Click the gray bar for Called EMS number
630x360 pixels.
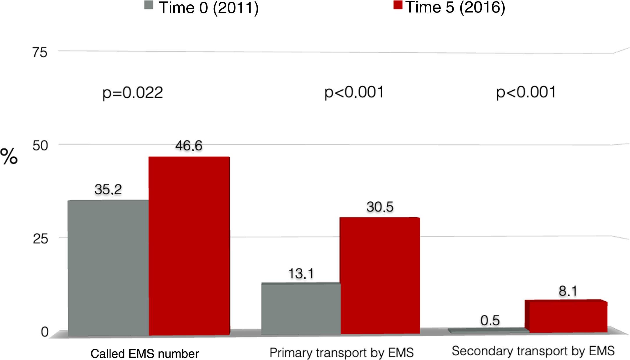108,267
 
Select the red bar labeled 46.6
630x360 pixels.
189,246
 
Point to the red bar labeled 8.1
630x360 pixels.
568,317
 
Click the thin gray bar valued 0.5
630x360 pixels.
488,330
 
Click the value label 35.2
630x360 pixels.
108,189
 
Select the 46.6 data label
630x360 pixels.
188,145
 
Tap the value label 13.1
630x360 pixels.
301,273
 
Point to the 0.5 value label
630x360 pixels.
490,320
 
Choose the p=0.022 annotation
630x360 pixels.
133,93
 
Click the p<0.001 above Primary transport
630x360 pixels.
354,92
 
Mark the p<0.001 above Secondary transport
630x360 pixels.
526,92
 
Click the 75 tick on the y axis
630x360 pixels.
40,53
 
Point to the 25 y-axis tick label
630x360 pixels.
40,239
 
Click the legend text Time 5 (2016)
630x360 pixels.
455,7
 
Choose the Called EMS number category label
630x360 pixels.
144,354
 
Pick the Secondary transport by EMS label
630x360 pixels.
533,351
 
